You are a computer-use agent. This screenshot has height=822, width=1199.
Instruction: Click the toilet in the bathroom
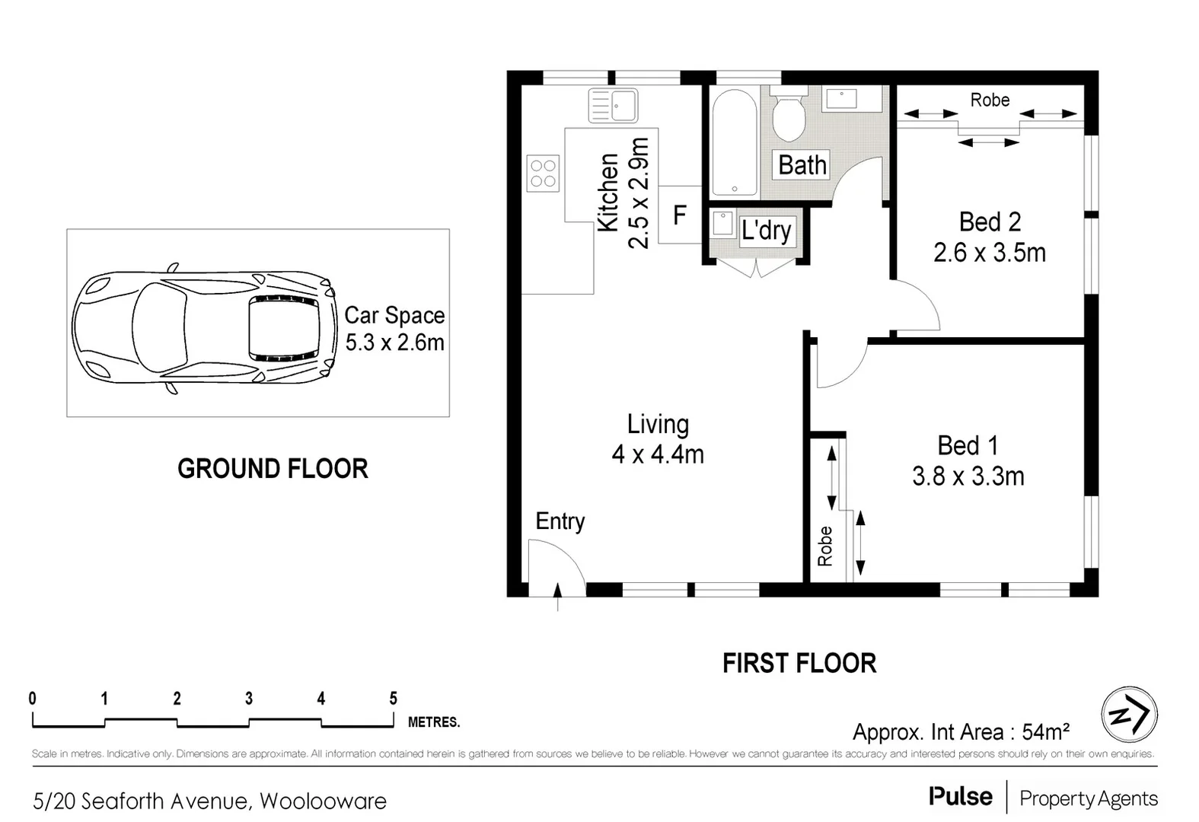[788, 118]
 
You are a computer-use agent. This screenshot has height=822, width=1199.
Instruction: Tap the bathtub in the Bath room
[734, 143]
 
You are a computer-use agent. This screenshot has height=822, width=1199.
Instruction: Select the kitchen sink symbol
[613, 106]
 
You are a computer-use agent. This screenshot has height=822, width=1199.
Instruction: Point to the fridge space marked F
[680, 215]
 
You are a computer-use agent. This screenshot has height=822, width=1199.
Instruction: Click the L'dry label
[766, 231]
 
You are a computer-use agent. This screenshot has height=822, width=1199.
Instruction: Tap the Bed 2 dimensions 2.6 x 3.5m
[989, 253]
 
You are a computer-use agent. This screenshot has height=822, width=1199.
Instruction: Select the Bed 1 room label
[967, 445]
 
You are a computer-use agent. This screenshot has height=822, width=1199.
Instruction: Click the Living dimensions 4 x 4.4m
[658, 454]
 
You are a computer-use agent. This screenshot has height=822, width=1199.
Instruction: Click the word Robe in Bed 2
[990, 100]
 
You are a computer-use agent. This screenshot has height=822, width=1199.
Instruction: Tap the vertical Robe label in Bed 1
[825, 546]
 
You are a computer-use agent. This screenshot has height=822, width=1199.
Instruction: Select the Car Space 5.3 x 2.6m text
[394, 329]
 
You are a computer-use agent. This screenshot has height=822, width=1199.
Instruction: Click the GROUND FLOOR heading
[273, 469]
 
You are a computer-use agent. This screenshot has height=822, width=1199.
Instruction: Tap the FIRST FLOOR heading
[799, 663]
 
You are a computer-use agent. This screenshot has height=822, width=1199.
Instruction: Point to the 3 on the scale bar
[249, 698]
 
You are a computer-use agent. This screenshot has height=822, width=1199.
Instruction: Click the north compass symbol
[1129, 715]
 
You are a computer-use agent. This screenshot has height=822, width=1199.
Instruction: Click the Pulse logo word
[960, 797]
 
